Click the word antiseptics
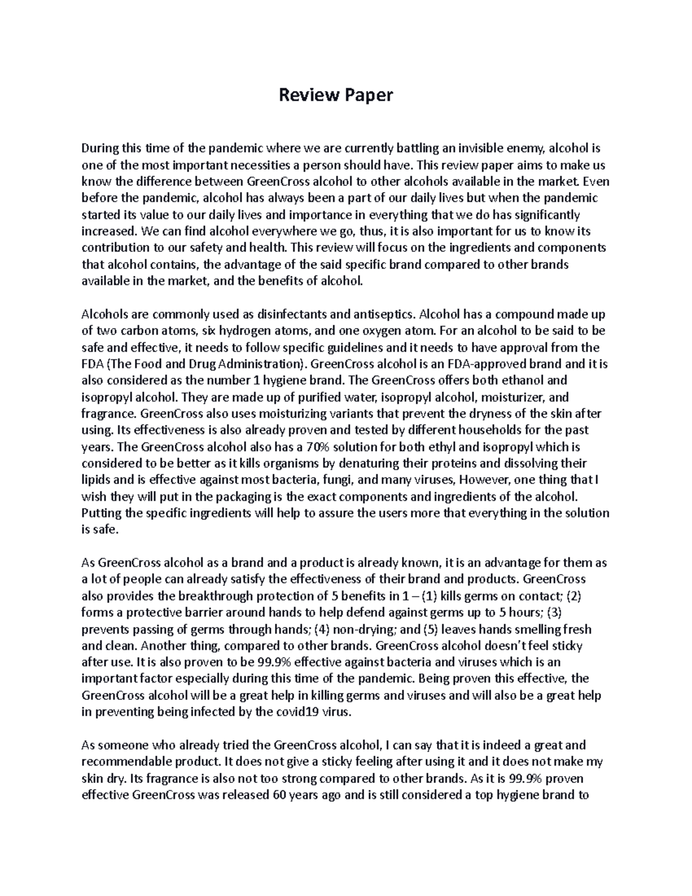coord(382,315)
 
